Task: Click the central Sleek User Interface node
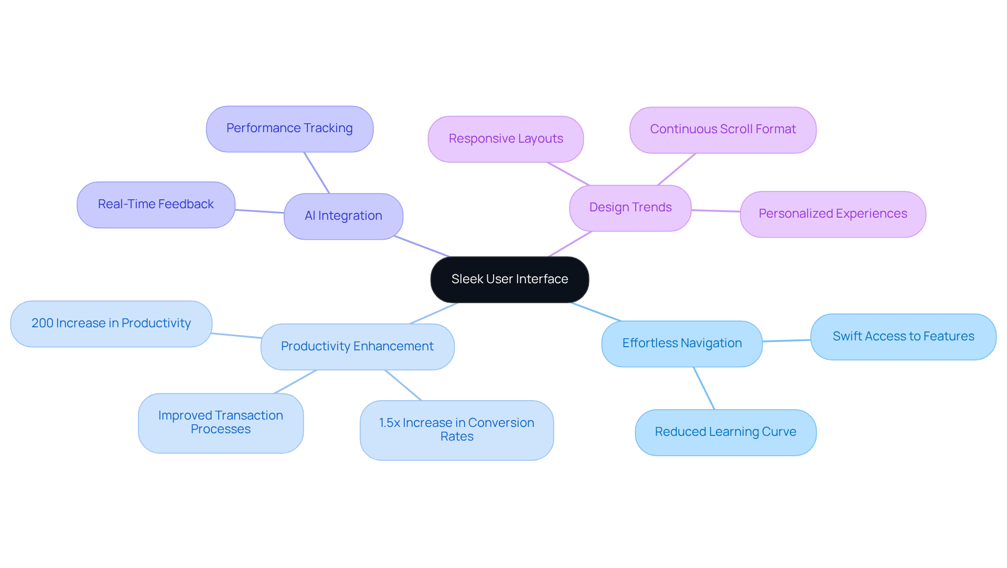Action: (509, 280)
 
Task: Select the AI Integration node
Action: (343, 216)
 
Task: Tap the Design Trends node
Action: (630, 208)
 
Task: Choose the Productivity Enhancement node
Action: (357, 347)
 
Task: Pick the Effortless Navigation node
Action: (681, 344)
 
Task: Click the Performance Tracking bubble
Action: (289, 128)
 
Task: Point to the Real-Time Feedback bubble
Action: (156, 205)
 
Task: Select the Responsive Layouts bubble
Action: (505, 139)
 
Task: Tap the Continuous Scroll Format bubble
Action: (722, 130)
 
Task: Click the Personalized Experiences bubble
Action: (832, 214)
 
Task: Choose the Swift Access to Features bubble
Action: (903, 337)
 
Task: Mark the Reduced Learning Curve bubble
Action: (725, 432)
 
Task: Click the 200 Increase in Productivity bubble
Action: (111, 324)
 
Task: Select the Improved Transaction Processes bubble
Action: (220, 423)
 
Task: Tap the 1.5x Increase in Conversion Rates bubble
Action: (456, 430)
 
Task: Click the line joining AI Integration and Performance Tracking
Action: (317, 173)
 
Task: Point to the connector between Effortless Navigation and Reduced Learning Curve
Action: (704, 388)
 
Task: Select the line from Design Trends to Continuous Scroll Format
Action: (677, 169)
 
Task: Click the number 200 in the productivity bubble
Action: (42, 324)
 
